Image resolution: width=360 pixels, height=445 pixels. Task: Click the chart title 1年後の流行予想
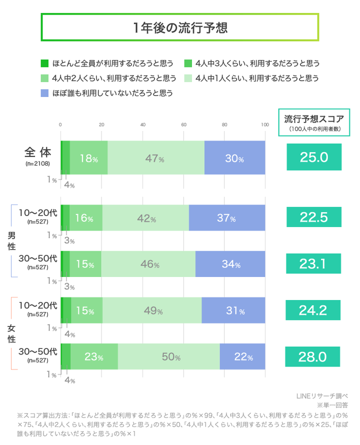[180, 27]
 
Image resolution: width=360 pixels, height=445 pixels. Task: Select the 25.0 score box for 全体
[313, 157]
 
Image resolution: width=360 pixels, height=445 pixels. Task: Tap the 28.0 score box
[313, 356]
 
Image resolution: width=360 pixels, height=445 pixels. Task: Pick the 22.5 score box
[313, 217]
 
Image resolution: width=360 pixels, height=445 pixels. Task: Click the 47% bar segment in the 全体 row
[156, 158]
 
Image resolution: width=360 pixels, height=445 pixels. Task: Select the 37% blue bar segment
[227, 217]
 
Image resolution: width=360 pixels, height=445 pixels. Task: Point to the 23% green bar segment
[94, 356]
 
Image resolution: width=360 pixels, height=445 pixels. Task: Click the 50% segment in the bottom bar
[169, 356]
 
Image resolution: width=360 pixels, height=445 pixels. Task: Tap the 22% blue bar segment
[242, 356]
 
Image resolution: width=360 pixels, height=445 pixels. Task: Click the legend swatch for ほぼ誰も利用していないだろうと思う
[44, 92]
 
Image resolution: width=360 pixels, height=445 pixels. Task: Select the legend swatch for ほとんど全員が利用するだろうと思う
[44, 63]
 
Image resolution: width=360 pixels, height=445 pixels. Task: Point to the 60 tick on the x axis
[183, 124]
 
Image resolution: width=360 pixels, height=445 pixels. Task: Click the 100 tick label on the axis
[265, 124]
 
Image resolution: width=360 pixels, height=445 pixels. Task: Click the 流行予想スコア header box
[313, 122]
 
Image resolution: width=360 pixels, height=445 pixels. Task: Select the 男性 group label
[11, 240]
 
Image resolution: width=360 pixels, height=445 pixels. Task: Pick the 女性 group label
[11, 333]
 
